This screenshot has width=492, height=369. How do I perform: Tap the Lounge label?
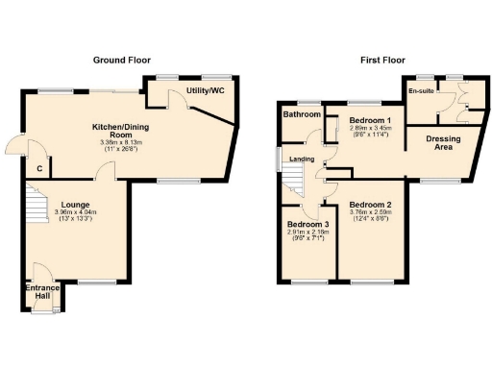[x=75, y=204]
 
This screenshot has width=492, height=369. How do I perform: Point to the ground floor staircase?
[x=35, y=208]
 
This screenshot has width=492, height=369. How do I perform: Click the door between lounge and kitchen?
[x=103, y=172]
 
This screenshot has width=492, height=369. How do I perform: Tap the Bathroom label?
[x=301, y=114]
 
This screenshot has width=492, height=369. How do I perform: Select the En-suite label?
[x=419, y=90]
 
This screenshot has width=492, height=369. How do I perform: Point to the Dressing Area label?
[x=444, y=143]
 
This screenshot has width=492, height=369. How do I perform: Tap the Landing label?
[x=302, y=159]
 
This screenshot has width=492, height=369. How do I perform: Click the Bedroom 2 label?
[x=369, y=206]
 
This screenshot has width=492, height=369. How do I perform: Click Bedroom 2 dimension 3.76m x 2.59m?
[x=369, y=214]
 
